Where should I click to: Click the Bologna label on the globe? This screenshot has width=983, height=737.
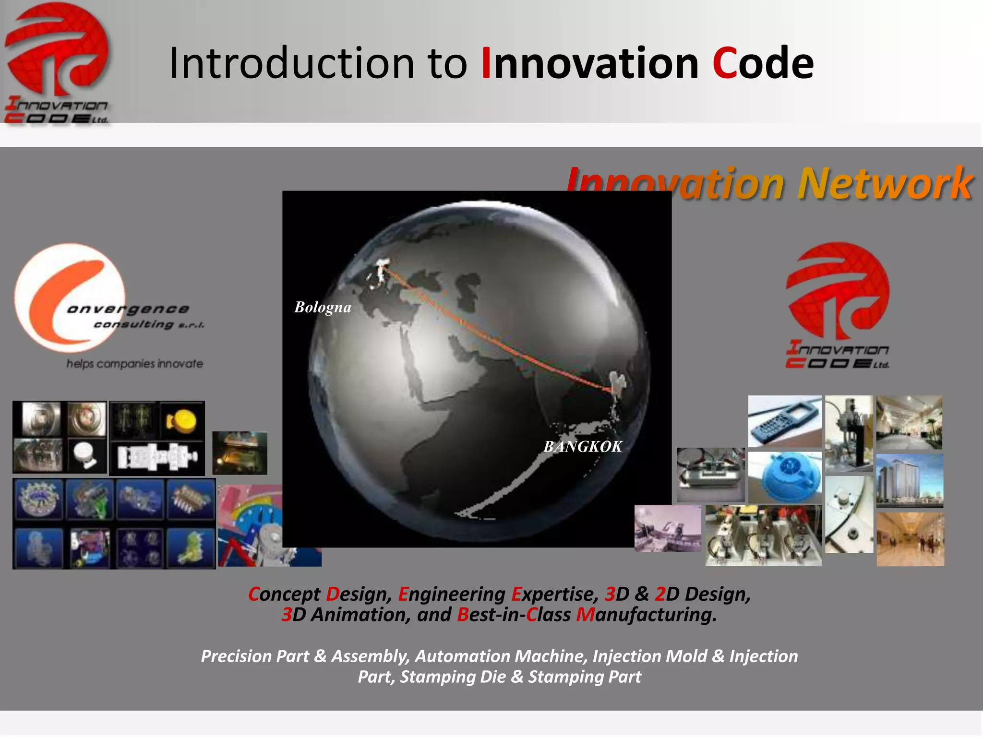(323, 307)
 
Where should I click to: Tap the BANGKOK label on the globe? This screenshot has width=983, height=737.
(582, 447)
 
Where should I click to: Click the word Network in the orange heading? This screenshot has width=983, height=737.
(885, 183)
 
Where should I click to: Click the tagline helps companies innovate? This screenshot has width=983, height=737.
(135, 364)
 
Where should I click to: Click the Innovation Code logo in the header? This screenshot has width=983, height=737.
(57, 62)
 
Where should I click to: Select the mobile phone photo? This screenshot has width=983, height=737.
(785, 421)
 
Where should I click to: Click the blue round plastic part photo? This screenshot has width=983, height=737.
(785, 476)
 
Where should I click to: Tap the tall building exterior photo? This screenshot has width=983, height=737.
(910, 481)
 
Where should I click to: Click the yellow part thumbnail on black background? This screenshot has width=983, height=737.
(182, 420)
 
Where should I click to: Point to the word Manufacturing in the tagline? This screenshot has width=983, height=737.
(646, 615)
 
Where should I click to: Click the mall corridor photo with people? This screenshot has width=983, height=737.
(910, 539)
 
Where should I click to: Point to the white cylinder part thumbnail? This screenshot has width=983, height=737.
(86, 455)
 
